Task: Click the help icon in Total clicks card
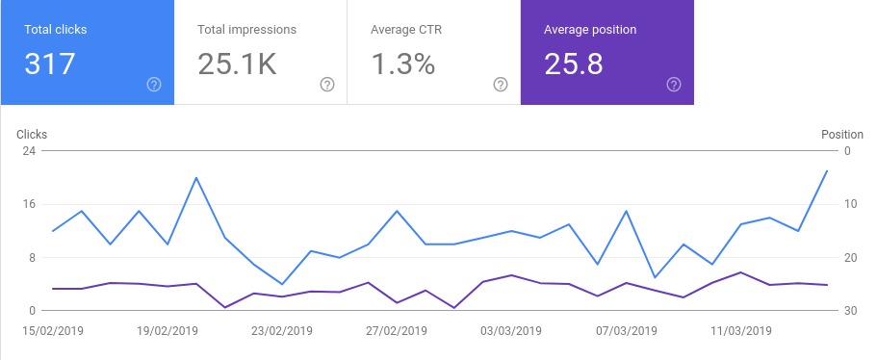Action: point(154,85)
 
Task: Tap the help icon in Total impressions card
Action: point(327,85)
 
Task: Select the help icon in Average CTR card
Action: point(501,85)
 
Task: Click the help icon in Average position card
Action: point(674,85)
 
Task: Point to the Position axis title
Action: point(841,135)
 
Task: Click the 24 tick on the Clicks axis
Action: point(29,151)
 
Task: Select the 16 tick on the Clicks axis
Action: point(29,204)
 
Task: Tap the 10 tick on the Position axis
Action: point(850,204)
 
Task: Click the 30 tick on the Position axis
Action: point(850,311)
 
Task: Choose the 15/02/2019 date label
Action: point(53,330)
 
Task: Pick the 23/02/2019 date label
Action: point(282,330)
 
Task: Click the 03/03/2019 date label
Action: point(511,330)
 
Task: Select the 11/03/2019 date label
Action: point(740,330)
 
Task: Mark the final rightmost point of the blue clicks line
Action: point(827,171)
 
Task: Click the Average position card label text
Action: point(590,30)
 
